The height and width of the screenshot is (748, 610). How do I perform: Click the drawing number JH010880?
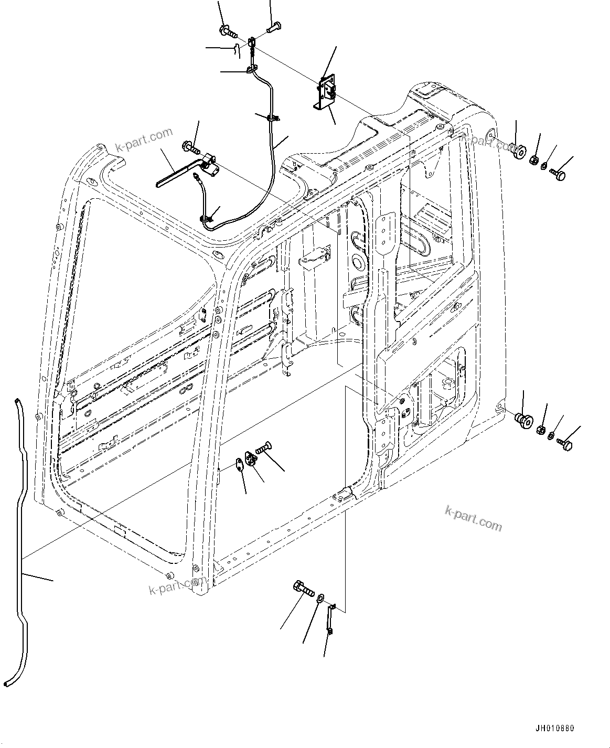555,729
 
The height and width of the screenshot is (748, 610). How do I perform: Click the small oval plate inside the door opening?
239,463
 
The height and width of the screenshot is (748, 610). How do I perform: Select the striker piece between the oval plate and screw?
251,460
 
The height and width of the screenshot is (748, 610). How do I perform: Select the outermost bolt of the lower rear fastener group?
565,444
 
